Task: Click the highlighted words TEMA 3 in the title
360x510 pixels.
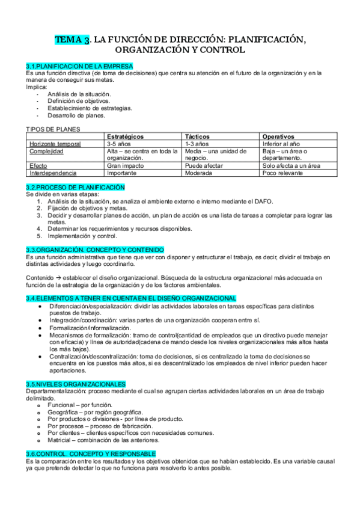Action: [73, 40]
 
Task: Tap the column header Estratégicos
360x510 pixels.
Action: [125, 137]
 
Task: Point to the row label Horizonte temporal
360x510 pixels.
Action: [55, 144]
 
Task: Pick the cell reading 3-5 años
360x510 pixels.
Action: [120, 144]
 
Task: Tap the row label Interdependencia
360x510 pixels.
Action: [55, 173]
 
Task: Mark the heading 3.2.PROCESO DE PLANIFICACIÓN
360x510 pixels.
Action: [75, 187]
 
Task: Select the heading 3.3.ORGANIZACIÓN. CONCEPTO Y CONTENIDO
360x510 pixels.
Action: [94, 250]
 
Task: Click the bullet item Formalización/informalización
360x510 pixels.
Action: [90, 328]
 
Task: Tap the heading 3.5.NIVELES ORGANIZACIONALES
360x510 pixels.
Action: [76, 383]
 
